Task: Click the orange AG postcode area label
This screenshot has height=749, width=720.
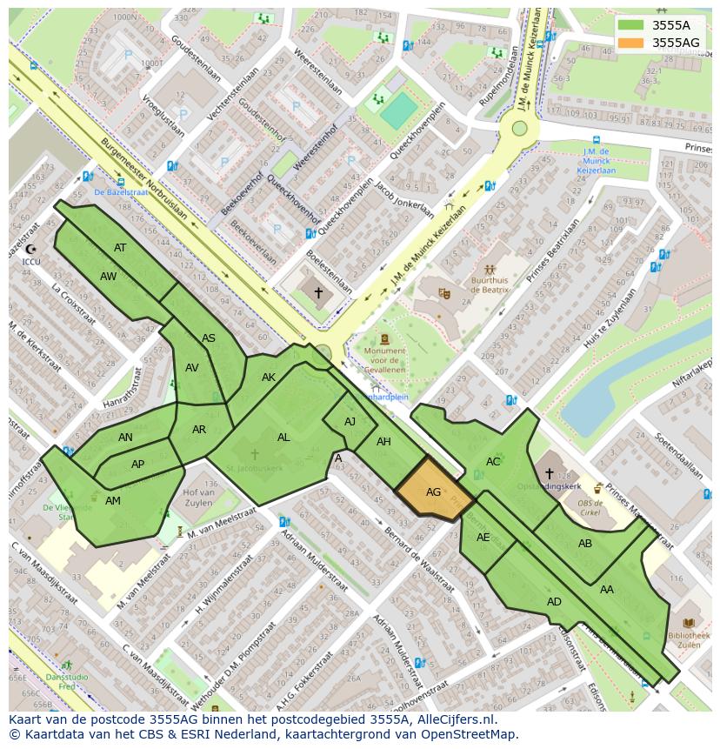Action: pyautogui.click(x=433, y=492)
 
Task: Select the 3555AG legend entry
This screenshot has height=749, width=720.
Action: pyautogui.click(x=676, y=42)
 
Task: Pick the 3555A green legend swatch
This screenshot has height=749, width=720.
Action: pyautogui.click(x=630, y=24)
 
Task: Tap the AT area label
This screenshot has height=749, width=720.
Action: pyautogui.click(x=120, y=248)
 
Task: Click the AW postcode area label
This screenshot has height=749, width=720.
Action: pyautogui.click(x=108, y=277)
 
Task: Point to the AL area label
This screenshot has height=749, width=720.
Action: pyautogui.click(x=283, y=438)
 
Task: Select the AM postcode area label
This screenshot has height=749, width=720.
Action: pyautogui.click(x=113, y=501)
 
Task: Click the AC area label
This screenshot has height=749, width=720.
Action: pyautogui.click(x=493, y=462)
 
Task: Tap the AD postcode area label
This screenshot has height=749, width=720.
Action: pyautogui.click(x=554, y=602)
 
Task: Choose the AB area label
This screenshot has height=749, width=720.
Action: pyautogui.click(x=585, y=544)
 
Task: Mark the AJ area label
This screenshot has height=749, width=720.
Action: pyautogui.click(x=350, y=422)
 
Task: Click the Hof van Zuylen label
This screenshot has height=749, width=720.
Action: pyautogui.click(x=199, y=498)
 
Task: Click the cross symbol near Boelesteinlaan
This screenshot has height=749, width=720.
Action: pyautogui.click(x=318, y=293)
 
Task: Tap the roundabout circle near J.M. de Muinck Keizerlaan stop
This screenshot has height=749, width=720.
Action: pyautogui.click(x=520, y=129)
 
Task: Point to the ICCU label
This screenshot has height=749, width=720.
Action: pyautogui.click(x=31, y=260)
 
